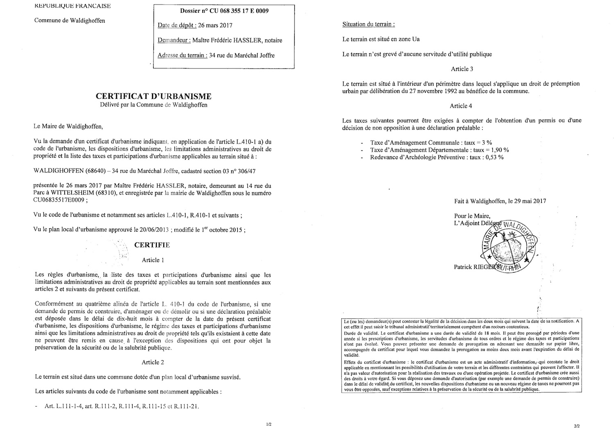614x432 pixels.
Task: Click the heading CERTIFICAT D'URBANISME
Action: tap(153, 96)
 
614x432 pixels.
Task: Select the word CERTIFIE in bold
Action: tap(152, 245)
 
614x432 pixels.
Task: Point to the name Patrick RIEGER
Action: tap(474, 267)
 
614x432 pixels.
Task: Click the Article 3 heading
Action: tap(462, 69)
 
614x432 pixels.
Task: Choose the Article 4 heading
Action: tap(461, 106)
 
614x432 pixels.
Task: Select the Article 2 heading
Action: tap(153, 362)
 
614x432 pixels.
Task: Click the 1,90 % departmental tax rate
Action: tap(500, 150)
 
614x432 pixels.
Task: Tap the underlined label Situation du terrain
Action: tap(368, 24)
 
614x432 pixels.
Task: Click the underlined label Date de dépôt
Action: tap(176, 25)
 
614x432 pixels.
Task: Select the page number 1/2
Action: tap(269, 425)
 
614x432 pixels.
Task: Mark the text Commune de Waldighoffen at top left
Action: tap(70, 20)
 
